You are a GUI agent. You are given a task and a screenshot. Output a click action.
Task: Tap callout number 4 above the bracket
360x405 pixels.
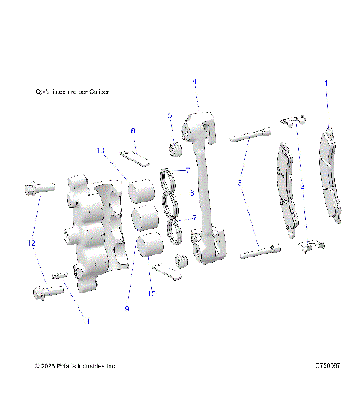coord(194,81)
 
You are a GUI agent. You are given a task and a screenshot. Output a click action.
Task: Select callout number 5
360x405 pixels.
coord(170,115)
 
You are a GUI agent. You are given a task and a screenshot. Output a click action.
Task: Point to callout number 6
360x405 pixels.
coord(133,131)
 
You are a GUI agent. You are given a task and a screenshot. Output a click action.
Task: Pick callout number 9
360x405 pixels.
coord(127,308)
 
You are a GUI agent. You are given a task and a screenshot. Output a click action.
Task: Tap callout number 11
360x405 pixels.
coord(86,322)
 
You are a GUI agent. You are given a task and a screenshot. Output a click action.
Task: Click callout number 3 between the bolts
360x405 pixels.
coord(240,183)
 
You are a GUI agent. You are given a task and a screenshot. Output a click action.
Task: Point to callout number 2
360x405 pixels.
coord(301,184)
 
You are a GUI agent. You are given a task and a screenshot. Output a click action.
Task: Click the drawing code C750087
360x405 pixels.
coord(328,366)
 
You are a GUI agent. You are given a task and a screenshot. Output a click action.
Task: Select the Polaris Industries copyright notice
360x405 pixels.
coord(76,366)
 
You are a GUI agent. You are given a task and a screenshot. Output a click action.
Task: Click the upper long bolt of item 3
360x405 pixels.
coord(250,136)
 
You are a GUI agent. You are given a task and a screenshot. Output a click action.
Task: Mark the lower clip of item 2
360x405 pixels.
coord(311,244)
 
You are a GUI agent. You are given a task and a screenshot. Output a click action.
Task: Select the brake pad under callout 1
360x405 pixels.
coord(331,176)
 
